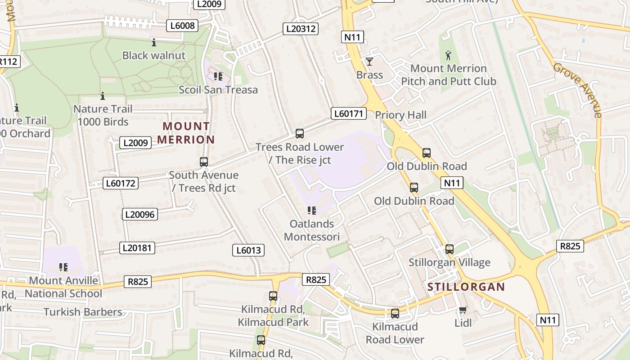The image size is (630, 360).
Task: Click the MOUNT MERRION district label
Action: tap(186, 133)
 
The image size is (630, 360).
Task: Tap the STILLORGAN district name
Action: tap(466, 287)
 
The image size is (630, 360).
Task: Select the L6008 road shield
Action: tap(183, 26)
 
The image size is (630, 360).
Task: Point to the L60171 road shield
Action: tap(349, 113)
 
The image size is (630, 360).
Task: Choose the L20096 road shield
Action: tap(139, 214)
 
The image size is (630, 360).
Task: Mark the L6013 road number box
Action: tap(248, 250)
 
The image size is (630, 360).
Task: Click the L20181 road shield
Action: tap(137, 247)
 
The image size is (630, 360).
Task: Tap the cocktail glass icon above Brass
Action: tap(369, 62)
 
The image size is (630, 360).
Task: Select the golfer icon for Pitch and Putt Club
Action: tap(448, 56)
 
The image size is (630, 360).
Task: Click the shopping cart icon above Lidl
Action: tap(463, 310)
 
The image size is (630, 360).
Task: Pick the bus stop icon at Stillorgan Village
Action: tap(449, 249)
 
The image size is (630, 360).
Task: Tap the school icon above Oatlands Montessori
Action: tap(311, 211)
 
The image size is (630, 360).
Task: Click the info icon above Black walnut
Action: tap(154, 43)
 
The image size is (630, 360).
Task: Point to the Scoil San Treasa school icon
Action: tap(218, 76)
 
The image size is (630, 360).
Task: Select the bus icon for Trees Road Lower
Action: tap(299, 134)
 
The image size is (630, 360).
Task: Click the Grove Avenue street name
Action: tap(578, 90)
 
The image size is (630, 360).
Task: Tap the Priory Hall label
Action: tap(400, 115)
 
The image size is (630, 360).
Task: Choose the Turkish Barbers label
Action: tap(83, 312)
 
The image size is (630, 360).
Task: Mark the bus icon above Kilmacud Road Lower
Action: tap(395, 314)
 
